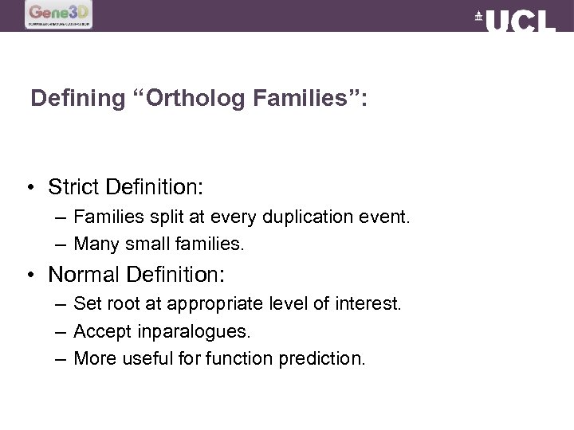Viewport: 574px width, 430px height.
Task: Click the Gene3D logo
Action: click(x=58, y=14)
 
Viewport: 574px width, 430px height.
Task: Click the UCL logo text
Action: click(x=519, y=21)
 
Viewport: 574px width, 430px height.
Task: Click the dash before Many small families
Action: click(x=61, y=244)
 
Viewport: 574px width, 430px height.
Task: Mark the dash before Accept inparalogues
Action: click(x=61, y=331)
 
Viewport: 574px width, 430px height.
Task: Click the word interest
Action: click(x=372, y=303)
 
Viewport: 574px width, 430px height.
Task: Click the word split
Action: click(x=165, y=217)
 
